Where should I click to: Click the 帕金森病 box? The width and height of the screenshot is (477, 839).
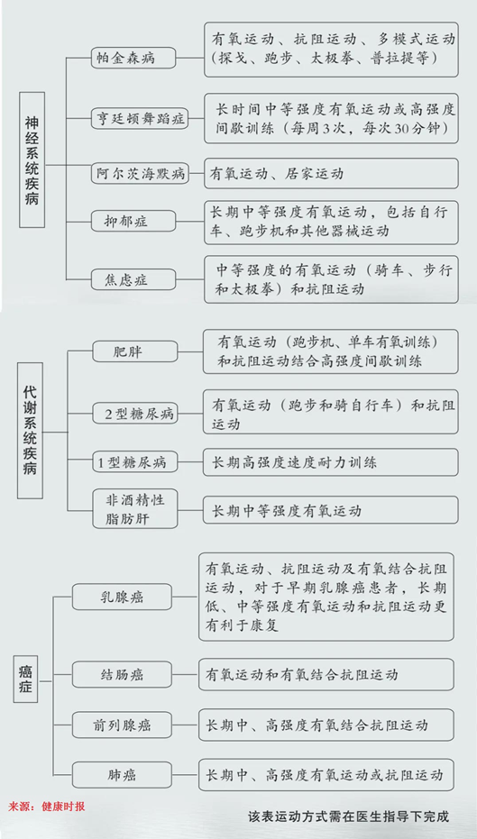133,58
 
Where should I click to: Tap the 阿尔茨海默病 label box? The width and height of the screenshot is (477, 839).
141,173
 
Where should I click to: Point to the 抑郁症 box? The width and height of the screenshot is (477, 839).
133,221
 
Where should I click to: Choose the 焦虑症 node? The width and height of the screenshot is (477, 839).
133,279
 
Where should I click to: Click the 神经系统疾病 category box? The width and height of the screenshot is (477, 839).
32,160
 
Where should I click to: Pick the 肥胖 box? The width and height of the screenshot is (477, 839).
135,352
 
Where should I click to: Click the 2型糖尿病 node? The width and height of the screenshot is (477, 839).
135,414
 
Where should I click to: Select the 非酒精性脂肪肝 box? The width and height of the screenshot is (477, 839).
135,507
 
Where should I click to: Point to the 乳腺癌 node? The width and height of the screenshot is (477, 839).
122,597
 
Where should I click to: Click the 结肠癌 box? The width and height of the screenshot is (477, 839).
122,674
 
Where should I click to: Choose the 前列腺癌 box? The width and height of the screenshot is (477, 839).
122,725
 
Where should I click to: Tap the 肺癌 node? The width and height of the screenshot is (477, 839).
122,774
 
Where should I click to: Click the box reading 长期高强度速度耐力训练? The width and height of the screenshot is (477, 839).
330,462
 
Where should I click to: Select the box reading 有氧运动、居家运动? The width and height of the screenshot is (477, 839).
331,173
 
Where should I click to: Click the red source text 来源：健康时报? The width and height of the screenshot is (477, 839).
47,807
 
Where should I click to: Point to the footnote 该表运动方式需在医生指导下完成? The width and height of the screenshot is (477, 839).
349,817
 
